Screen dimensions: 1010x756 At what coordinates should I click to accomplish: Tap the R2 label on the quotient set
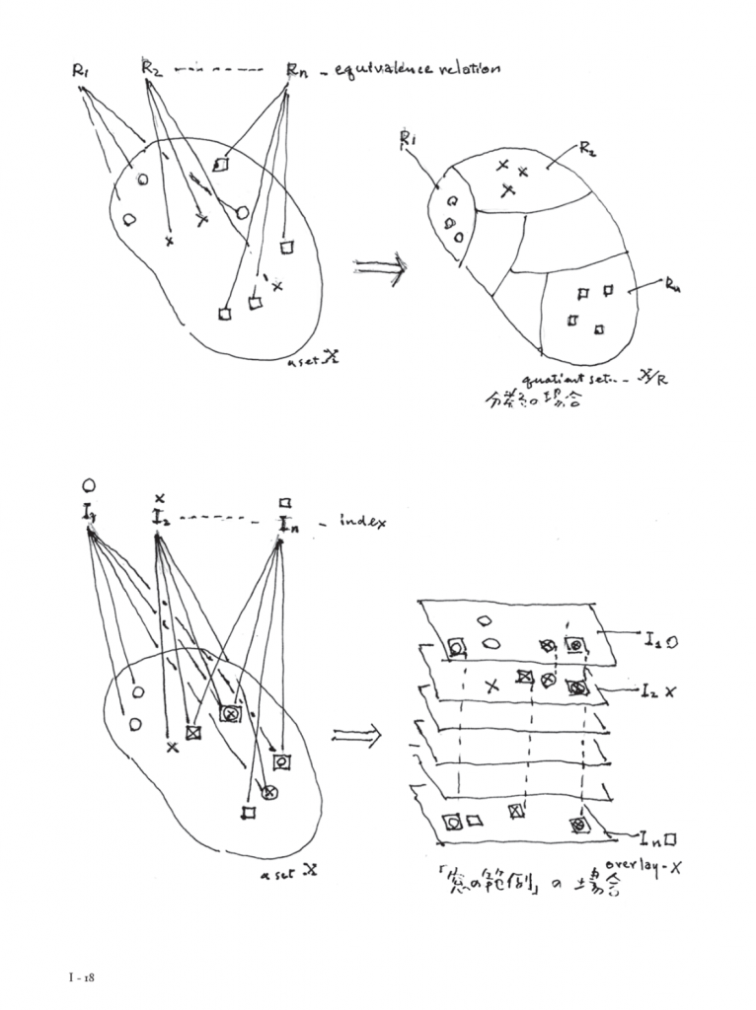[x=587, y=150]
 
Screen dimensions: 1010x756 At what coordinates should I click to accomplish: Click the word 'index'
[x=364, y=520]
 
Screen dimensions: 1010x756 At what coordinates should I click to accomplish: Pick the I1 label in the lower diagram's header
[x=89, y=511]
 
